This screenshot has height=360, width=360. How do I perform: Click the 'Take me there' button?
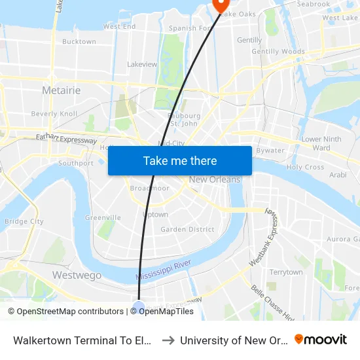pos(180,160)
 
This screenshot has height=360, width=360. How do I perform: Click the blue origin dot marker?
pos(139,306)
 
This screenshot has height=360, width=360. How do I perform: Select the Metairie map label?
pos(61,90)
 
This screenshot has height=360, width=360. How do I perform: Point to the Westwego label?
pos(77,275)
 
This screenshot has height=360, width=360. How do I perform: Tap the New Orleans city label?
pos(214,180)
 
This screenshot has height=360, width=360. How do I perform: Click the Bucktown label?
pos(79,41)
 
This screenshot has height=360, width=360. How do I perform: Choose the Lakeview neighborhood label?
pos(142,64)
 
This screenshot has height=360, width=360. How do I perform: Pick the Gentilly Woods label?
pos(278,51)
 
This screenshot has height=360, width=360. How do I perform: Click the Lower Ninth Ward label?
pos(321,143)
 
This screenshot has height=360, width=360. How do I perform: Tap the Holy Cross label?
pos(305,167)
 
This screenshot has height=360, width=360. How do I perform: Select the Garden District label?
pos(187,229)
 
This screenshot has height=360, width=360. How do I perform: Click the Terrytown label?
pos(286,272)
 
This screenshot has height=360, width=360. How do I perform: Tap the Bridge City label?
pos(24,221)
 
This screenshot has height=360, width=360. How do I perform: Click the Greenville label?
pos(103,217)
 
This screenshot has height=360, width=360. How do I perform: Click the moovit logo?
pos(320,340)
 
